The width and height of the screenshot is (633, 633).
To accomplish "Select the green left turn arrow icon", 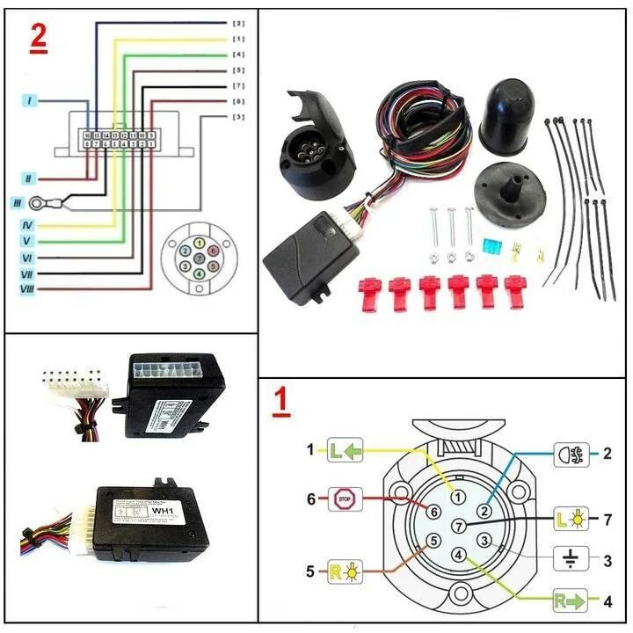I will [x=345, y=451].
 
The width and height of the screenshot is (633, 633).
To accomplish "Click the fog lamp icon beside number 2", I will [x=570, y=455].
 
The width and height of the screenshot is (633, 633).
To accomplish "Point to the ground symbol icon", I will [x=570, y=557].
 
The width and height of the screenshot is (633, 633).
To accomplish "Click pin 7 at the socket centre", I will [x=458, y=526].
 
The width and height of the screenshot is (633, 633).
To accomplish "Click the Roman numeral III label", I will [x=17, y=203].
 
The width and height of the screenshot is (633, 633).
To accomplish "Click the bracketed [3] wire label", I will [x=238, y=117].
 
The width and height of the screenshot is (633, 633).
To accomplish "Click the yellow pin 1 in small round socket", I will [x=200, y=243].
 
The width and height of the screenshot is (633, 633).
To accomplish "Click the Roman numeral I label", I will [x=31, y=101].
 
